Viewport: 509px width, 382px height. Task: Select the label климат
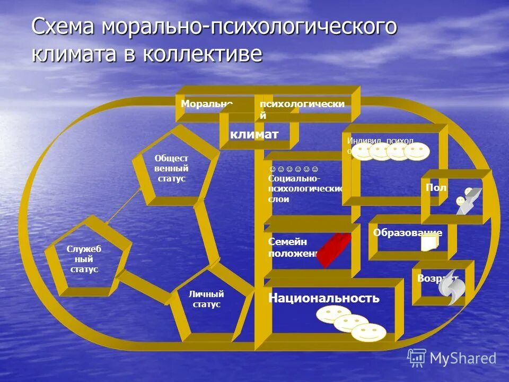click(254, 134)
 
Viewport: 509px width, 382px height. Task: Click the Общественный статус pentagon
click(171, 169)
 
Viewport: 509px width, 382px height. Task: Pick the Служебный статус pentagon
click(84, 259)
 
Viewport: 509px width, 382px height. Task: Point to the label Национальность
click(324, 298)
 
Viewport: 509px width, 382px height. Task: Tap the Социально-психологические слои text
click(304, 188)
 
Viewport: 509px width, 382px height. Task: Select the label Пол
click(436, 187)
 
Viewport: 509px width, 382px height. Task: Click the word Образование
click(407, 232)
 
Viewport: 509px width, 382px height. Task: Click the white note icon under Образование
click(429, 244)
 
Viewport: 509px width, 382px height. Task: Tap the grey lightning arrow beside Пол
click(470, 201)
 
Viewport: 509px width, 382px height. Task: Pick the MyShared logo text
click(462, 358)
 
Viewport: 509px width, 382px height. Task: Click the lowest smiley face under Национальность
click(368, 333)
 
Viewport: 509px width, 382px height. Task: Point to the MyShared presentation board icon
click(417, 358)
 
